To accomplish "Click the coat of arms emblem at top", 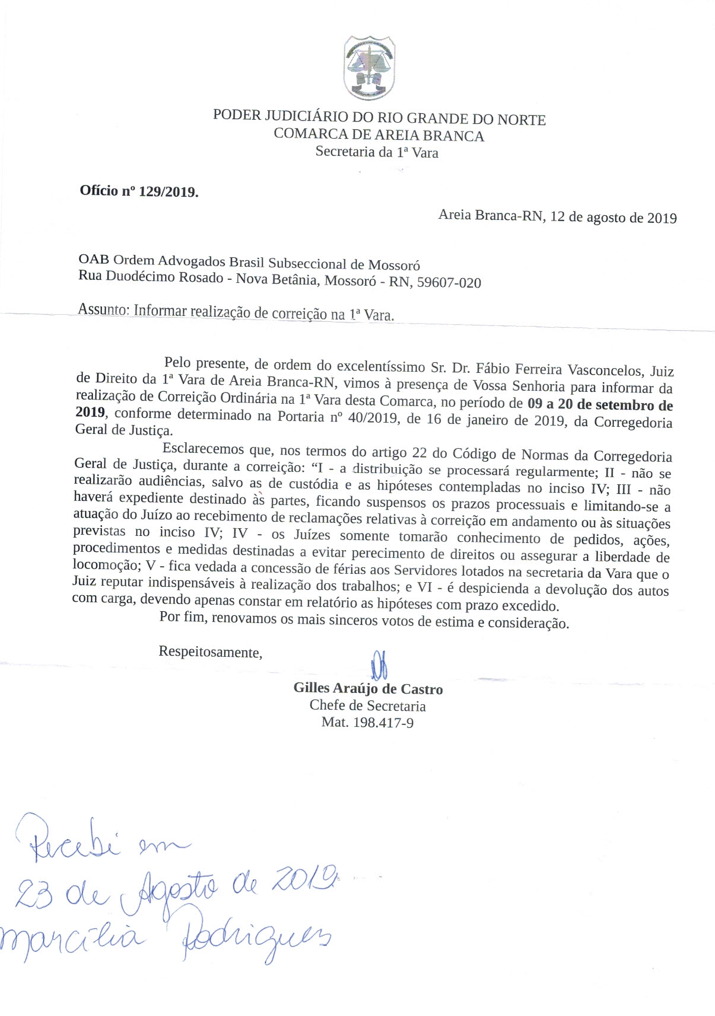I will pyautogui.click(x=370, y=67).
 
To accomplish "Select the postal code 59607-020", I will pyautogui.click(x=449, y=283).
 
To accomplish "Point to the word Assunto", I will pyautogui.click(x=103, y=309).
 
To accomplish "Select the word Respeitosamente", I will pyautogui.click(x=210, y=652).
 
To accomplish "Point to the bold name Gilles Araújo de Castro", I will pyautogui.click(x=368, y=689).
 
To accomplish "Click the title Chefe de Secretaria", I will pyautogui.click(x=367, y=706).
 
